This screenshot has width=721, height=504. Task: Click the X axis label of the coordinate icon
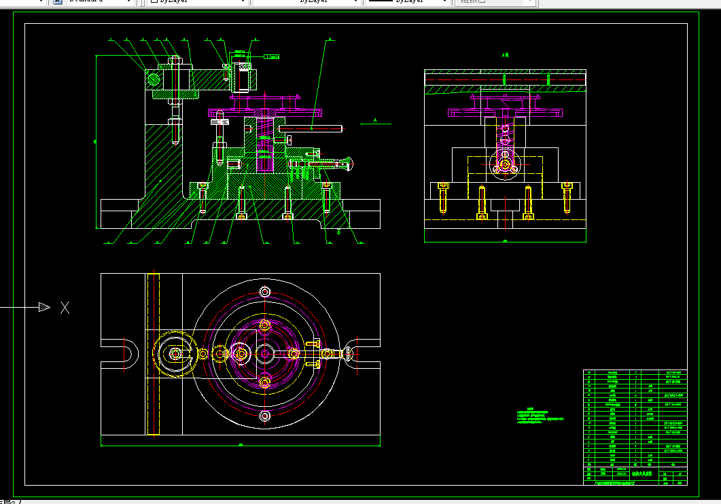pyautogui.click(x=65, y=308)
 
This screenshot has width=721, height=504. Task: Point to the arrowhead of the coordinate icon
pyautogui.click(x=45, y=308)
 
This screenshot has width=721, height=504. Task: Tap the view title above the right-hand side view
pyautogui.click(x=504, y=56)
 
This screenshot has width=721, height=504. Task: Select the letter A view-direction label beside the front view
pyautogui.click(x=375, y=120)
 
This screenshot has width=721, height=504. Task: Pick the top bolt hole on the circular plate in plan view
pyautogui.click(x=265, y=292)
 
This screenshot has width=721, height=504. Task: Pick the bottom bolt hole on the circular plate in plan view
pyautogui.click(x=265, y=415)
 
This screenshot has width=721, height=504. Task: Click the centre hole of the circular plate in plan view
pyautogui.click(x=265, y=353)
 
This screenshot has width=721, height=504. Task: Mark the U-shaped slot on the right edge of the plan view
pyautogui.click(x=357, y=353)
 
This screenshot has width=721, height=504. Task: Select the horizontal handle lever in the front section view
pyautogui.click(x=309, y=128)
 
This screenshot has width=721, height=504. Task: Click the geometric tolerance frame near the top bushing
pyautogui.click(x=270, y=56)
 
